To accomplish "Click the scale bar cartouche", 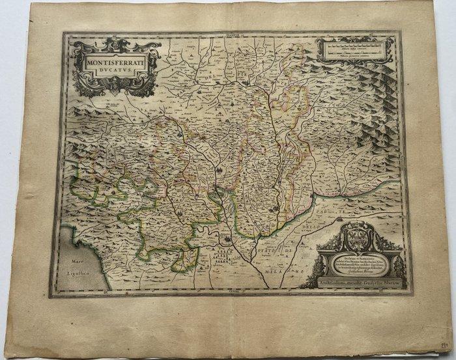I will coord(356,49).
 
